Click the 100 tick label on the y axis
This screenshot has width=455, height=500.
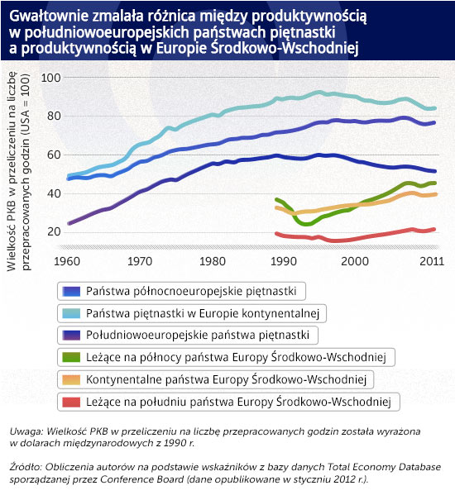tap(50, 78)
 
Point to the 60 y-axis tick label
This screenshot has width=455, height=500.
tap(54, 155)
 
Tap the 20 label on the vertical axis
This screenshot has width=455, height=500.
tap(54, 231)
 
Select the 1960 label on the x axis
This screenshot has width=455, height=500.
tap(67, 261)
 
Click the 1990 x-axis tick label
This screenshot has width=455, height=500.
tap(284, 261)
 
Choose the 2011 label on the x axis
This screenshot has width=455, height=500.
tap(432, 261)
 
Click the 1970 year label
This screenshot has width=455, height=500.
tap(140, 261)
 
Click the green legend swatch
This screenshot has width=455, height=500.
tap(71, 358)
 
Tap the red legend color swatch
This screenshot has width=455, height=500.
tap(71, 402)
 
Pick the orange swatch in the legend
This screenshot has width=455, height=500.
tap(71, 380)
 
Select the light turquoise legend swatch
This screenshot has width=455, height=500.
tap(71, 313)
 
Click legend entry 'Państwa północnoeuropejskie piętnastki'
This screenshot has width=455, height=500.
tap(191, 291)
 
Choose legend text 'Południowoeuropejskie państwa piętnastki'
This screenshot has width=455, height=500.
tap(198, 336)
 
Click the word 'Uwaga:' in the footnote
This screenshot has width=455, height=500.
tap(26, 431)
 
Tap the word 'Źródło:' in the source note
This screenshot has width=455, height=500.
tap(26, 467)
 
